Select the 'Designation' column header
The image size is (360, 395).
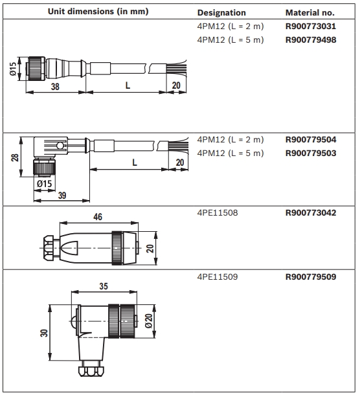click(x=221, y=12)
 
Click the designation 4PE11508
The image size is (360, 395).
click(x=218, y=212)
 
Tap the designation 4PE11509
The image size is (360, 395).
click(x=218, y=276)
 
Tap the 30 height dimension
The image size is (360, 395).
click(x=42, y=332)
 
